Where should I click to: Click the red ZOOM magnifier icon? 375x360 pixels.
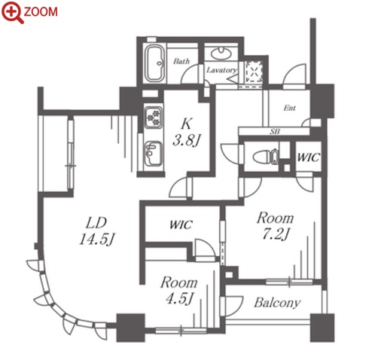[x=12, y=12]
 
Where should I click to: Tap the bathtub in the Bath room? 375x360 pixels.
[x=155, y=63]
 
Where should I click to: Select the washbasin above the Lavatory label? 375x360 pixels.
[x=221, y=53]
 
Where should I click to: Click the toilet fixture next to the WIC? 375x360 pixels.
[x=265, y=157]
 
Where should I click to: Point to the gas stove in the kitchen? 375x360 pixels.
[x=154, y=117]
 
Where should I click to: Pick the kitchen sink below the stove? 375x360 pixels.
[x=153, y=154]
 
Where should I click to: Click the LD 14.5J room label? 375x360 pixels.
[x=96, y=231]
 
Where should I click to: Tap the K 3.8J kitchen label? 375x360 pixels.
[x=186, y=133]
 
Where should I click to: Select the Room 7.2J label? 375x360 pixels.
[x=276, y=225]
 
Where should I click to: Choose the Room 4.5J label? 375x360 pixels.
[x=179, y=290]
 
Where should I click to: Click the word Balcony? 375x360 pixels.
[x=277, y=303]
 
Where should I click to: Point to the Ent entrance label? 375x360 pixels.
[x=289, y=108]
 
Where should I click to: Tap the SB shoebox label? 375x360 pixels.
[x=275, y=131]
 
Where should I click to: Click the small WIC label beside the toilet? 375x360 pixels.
[x=308, y=157]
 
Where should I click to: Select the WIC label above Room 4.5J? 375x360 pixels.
[x=181, y=224]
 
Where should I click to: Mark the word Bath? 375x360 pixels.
[x=181, y=61]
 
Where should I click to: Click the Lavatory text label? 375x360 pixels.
[x=221, y=70]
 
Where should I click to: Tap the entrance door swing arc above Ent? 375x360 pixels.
[x=295, y=75]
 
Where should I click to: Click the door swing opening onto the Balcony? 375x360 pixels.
[x=233, y=306]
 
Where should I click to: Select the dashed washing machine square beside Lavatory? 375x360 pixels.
[x=254, y=71]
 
